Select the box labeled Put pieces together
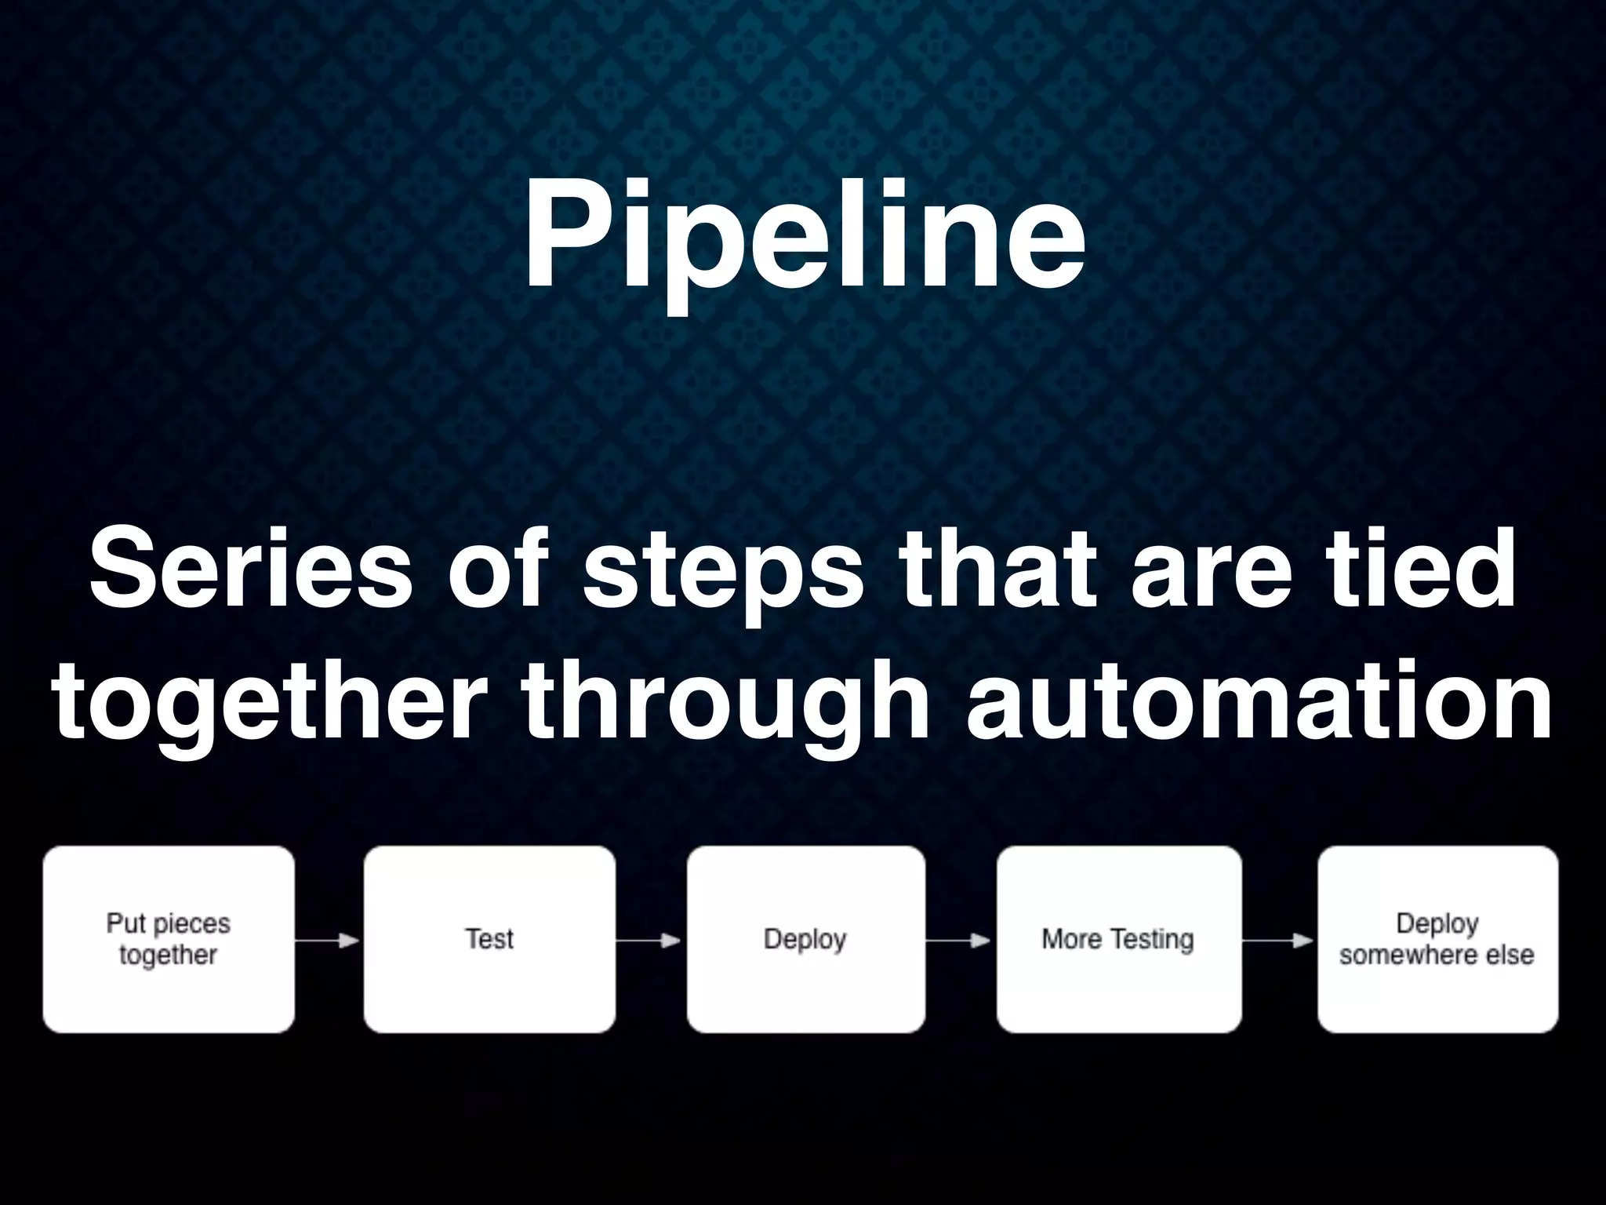pyautogui.click(x=169, y=939)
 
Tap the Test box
pyautogui.click(x=489, y=939)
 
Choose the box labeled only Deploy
pyautogui.click(x=805, y=939)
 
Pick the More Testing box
pyautogui.click(x=1118, y=939)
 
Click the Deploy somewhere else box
pyautogui.click(x=1437, y=939)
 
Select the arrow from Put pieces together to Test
pyautogui.click(x=328, y=940)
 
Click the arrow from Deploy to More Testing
pyautogui.click(x=960, y=940)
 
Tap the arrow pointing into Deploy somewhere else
pyautogui.click(x=1279, y=940)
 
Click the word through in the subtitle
pyautogui.click(x=725, y=702)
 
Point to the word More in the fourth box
pyautogui.click(x=1071, y=939)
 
